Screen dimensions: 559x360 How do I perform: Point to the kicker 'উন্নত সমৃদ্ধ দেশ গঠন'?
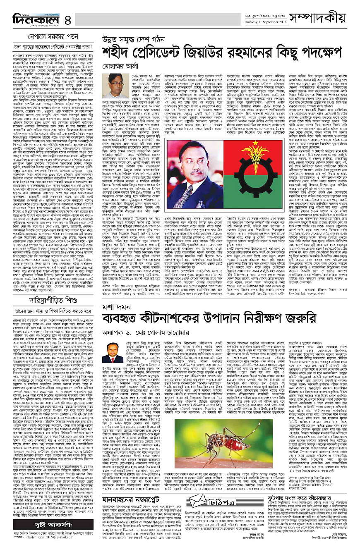[x=134, y=39]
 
